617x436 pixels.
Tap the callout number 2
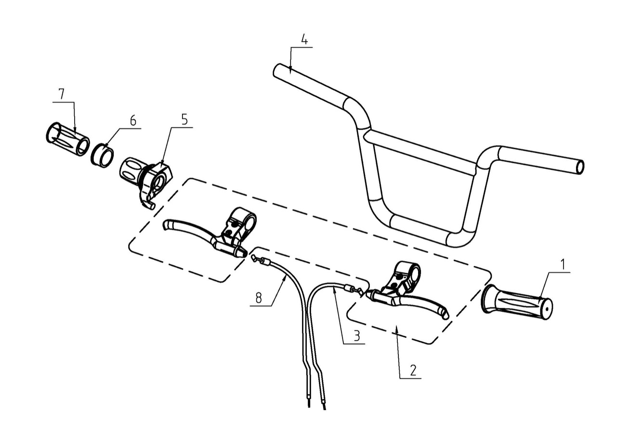point(412,370)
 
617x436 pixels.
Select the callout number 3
point(356,336)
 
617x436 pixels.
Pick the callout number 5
point(184,119)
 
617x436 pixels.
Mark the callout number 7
point(61,94)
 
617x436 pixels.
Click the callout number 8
point(259,298)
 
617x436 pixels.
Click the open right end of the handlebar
point(580,167)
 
